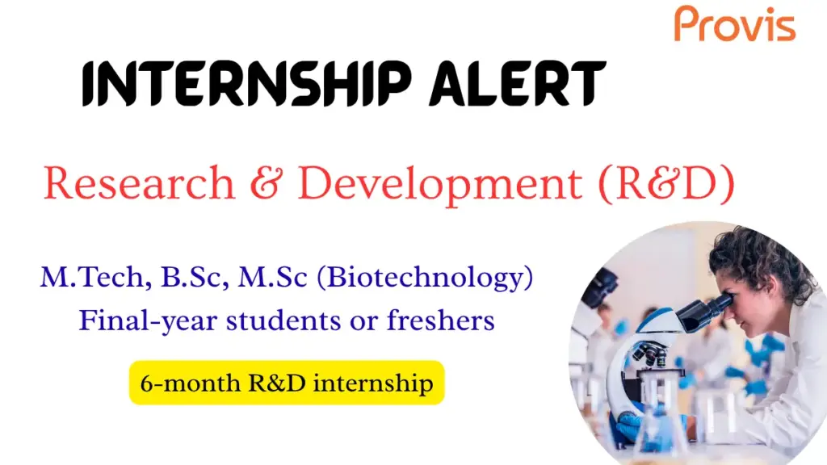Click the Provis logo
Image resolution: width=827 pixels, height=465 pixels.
[x=735, y=24]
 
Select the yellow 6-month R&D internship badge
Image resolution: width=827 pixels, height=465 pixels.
[x=287, y=383]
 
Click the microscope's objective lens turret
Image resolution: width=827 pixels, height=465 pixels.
[x=651, y=355]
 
